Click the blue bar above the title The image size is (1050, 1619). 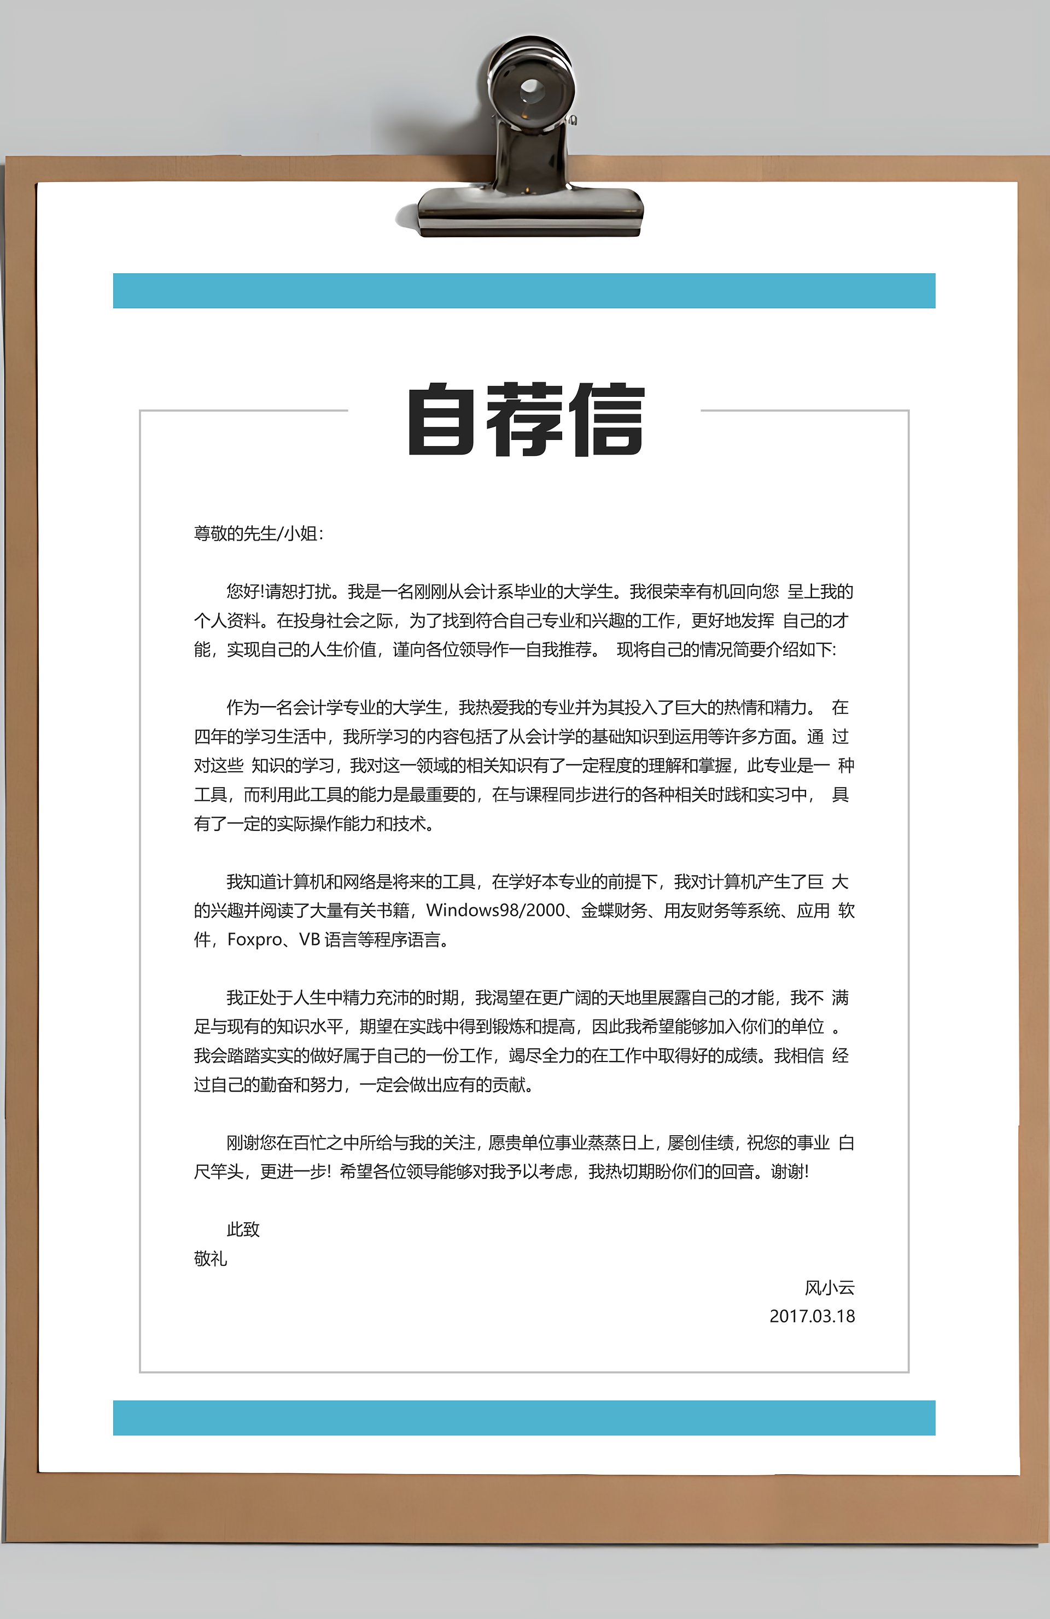click(524, 290)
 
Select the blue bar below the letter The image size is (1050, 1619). click(524, 1418)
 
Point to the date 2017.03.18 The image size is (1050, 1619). click(812, 1316)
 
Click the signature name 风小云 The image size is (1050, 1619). click(830, 1288)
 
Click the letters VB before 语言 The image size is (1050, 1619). click(310, 940)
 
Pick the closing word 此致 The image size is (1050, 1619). click(243, 1229)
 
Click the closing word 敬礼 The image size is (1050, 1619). click(210, 1258)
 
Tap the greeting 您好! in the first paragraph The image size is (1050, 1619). click(245, 591)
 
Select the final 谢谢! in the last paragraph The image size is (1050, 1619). click(789, 1171)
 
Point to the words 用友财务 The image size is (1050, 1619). click(697, 910)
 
